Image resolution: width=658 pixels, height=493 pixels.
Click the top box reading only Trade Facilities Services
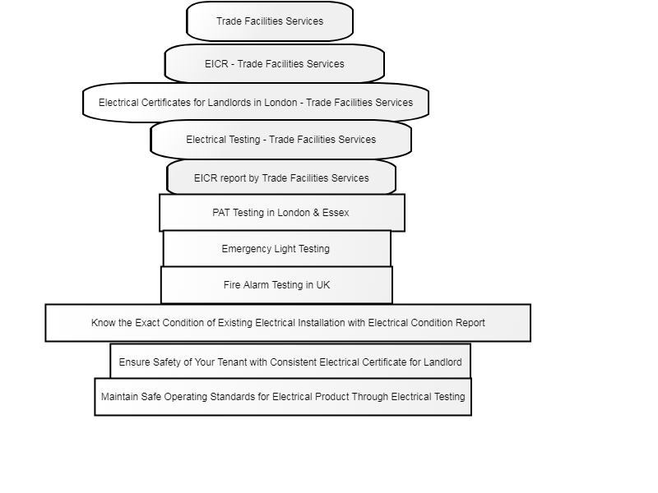click(x=270, y=21)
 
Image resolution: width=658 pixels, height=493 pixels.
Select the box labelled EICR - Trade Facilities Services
click(x=275, y=64)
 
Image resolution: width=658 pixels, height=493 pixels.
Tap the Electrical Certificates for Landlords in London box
click(x=256, y=103)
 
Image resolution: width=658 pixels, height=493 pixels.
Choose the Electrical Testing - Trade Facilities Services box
click(x=280, y=140)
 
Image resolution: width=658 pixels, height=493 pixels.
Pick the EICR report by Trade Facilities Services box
click(x=281, y=178)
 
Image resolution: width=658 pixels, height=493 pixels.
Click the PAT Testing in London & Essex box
click(x=282, y=213)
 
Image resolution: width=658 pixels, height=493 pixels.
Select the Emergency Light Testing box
click(x=277, y=249)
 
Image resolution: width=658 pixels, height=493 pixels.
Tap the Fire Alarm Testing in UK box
click(x=276, y=285)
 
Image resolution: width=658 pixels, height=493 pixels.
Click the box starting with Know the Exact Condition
click(x=288, y=323)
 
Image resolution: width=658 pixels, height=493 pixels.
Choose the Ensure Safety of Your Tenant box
click(x=290, y=362)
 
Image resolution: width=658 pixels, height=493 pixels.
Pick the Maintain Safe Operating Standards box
click(x=283, y=397)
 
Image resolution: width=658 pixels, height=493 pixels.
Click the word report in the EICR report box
click(x=233, y=178)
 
